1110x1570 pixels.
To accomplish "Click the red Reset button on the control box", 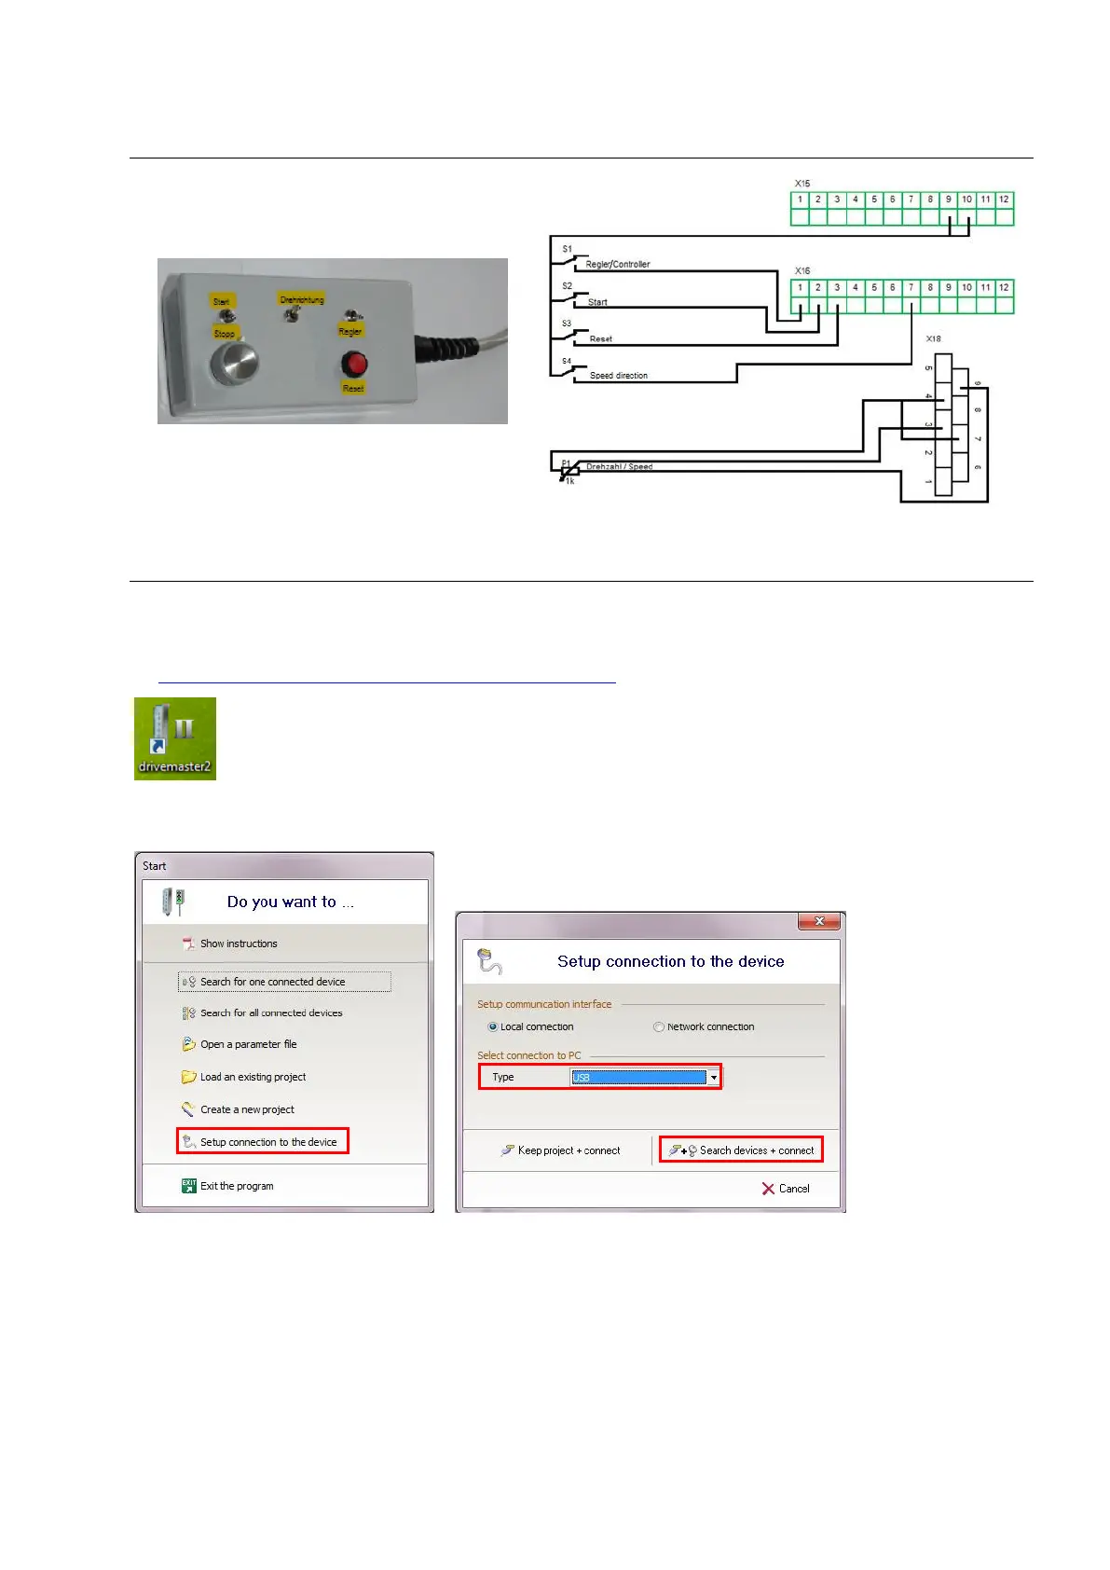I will pyautogui.click(x=353, y=363).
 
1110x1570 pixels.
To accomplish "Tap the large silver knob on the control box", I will pyautogui.click(x=227, y=363).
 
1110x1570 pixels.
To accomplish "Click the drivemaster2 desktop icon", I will pyautogui.click(x=174, y=738).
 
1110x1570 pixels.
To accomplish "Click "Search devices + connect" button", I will pyautogui.click(x=741, y=1150).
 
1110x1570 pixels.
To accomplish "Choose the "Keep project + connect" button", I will pyautogui.click(x=560, y=1150).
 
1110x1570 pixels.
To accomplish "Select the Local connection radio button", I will pyautogui.click(x=493, y=1026).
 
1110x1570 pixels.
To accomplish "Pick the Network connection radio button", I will pyautogui.click(x=659, y=1026).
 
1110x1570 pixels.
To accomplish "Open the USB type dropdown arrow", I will pyautogui.click(x=714, y=1078).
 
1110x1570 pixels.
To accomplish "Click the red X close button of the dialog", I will pyautogui.click(x=819, y=921).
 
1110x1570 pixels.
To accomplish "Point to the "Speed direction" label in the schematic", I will pyautogui.click(x=618, y=376).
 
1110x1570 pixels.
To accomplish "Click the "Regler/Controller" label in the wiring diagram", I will pyautogui.click(x=617, y=265).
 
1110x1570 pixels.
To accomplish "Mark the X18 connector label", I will pyautogui.click(x=933, y=339).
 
